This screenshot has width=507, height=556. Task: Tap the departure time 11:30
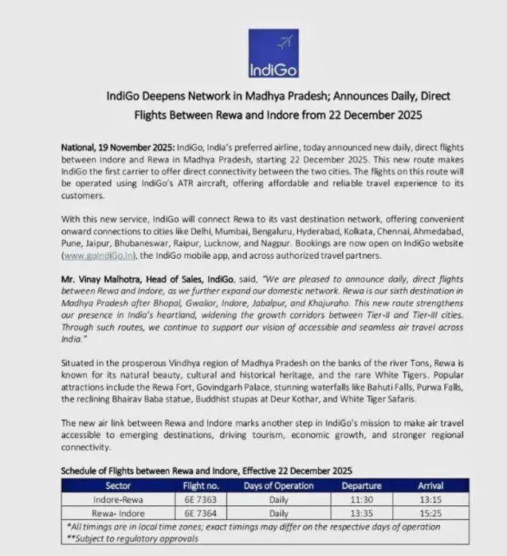pyautogui.click(x=356, y=499)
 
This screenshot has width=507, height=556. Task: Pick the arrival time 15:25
pyautogui.click(x=431, y=513)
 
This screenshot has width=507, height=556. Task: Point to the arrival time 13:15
pyautogui.click(x=431, y=499)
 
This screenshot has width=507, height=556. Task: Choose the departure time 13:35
pyautogui.click(x=356, y=513)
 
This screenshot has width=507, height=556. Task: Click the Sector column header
pyautogui.click(x=112, y=485)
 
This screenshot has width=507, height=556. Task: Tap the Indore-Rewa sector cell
pyautogui.click(x=112, y=499)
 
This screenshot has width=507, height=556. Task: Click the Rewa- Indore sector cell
pyautogui.click(x=112, y=513)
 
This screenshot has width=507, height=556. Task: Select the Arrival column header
pyautogui.click(x=431, y=485)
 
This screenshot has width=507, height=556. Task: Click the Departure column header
pyautogui.click(x=356, y=485)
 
